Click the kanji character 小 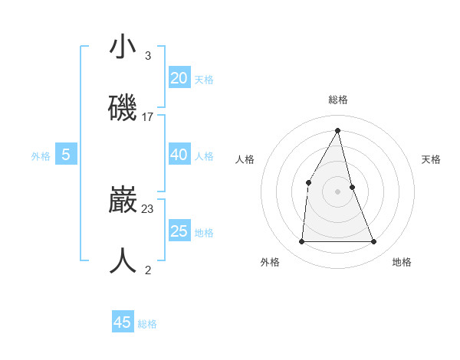(x=123, y=47)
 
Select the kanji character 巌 (x=123, y=201)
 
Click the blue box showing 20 (x=179, y=77)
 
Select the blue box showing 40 (x=179, y=155)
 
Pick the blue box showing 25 (x=179, y=231)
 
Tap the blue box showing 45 (x=123, y=322)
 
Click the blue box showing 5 (x=66, y=155)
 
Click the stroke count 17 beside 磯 (x=148, y=117)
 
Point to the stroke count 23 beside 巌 (x=148, y=208)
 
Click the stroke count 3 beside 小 (x=148, y=56)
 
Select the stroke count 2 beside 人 (x=148, y=270)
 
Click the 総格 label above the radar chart (x=338, y=100)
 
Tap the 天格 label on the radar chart (x=432, y=159)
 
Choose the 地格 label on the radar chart (x=402, y=262)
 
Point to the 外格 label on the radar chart (x=270, y=262)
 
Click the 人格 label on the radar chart (x=245, y=159)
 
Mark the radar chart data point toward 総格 (x=338, y=130)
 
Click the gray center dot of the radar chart (x=338, y=191)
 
